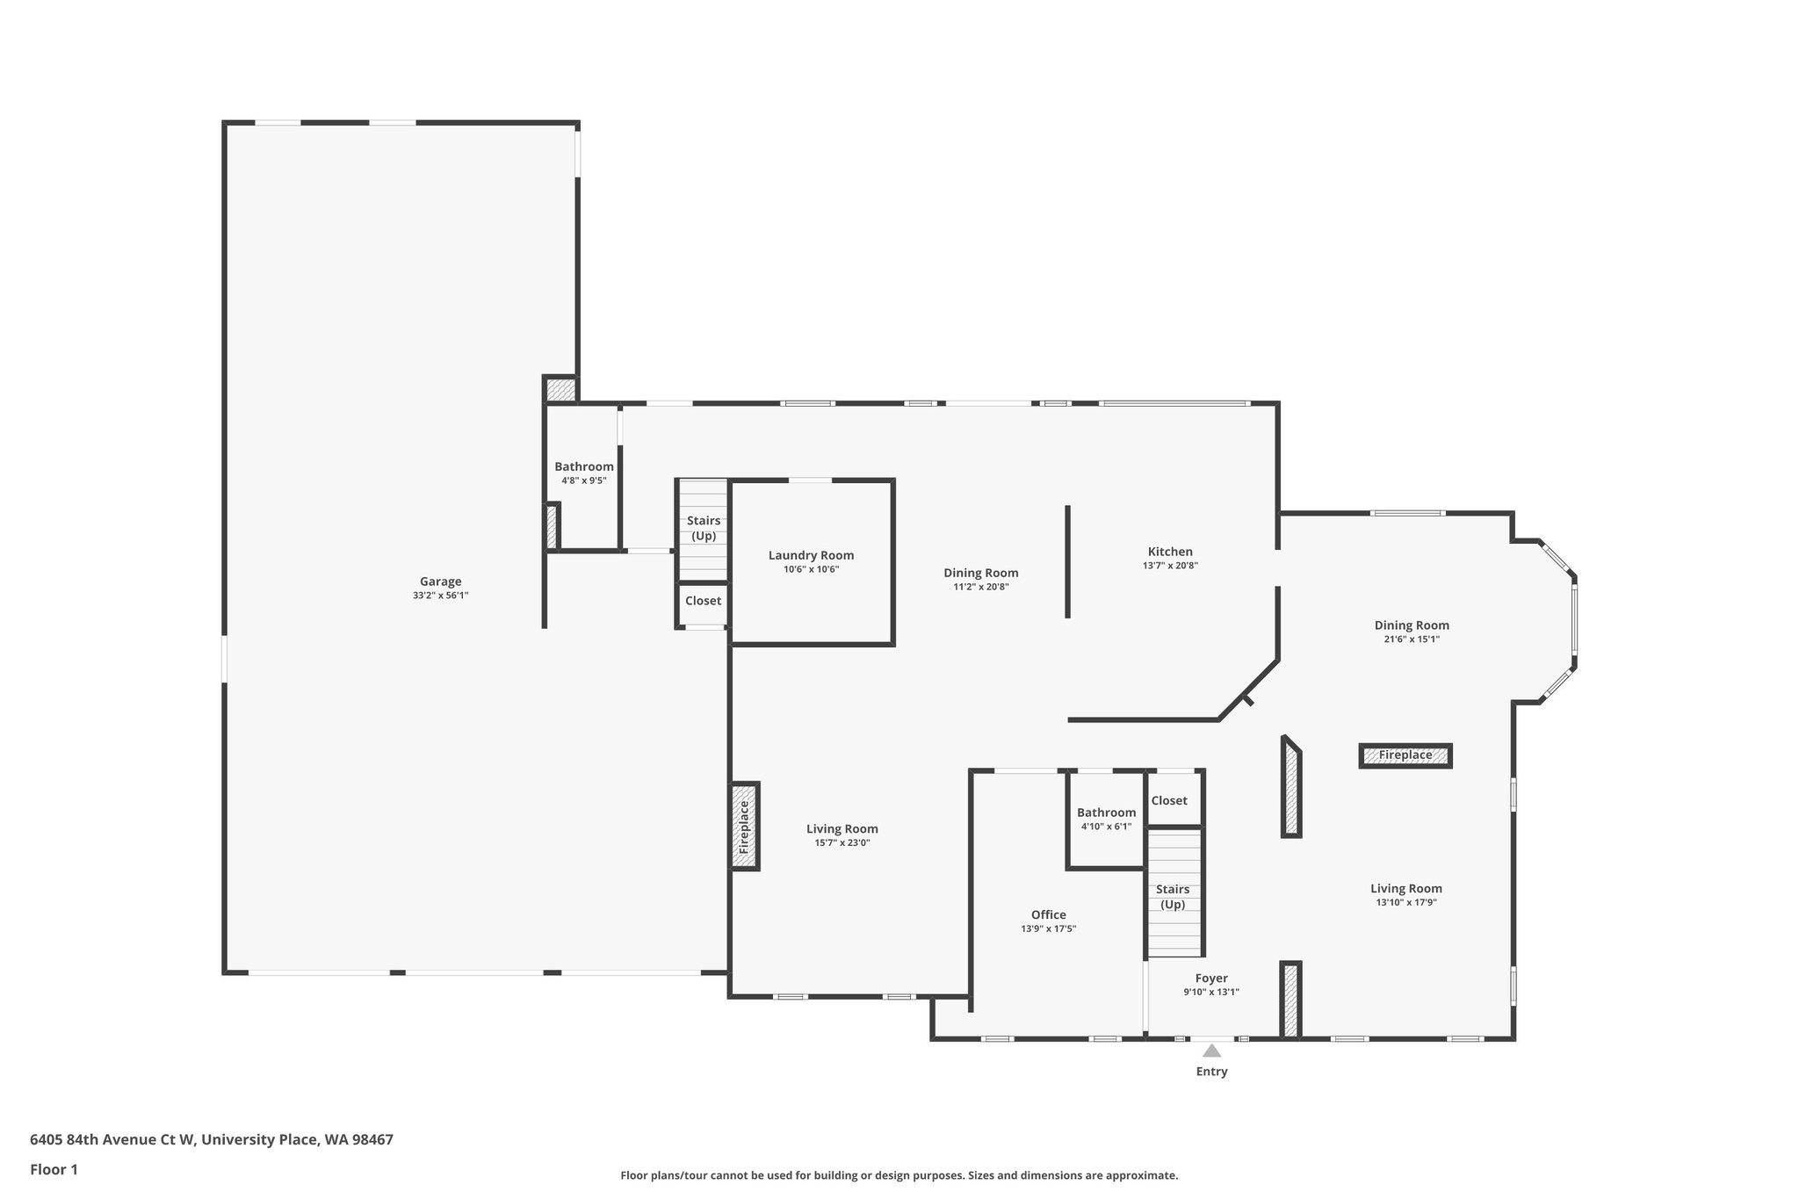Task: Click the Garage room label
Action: point(440,581)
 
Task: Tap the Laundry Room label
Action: point(811,555)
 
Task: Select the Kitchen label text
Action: point(1170,552)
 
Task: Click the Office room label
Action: point(1048,914)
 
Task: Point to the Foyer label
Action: point(1211,979)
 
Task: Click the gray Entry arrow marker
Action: point(1211,1051)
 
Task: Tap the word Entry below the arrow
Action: point(1211,1072)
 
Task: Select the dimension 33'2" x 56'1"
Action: point(440,596)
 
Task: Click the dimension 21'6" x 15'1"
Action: point(1412,639)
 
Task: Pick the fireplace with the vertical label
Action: point(745,827)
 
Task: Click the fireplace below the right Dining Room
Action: point(1405,755)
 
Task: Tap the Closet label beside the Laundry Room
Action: point(703,601)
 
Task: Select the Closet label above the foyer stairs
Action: point(1169,800)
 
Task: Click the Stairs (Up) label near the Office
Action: point(1173,897)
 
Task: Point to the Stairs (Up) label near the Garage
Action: point(704,528)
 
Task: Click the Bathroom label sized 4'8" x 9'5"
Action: point(584,466)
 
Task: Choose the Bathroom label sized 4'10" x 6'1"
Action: point(1106,813)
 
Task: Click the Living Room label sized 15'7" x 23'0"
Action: point(842,828)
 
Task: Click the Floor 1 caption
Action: point(54,1169)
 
